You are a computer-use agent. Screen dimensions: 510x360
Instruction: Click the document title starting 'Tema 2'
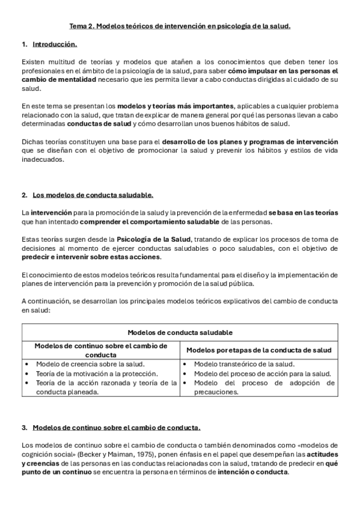pyautogui.click(x=180, y=26)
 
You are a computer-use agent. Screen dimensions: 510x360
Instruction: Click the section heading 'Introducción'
pyautogui.click(x=55, y=45)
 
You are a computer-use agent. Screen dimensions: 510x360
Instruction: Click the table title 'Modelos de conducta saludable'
pyautogui.click(x=180, y=332)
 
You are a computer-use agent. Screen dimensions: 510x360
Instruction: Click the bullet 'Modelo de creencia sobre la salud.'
pyautogui.click(x=90, y=364)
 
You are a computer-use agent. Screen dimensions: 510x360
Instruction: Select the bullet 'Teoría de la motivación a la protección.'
pyautogui.click(x=97, y=373)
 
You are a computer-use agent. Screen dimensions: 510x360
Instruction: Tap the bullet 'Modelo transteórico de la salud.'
pyautogui.click(x=244, y=364)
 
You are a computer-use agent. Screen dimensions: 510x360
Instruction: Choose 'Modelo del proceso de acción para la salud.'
pyautogui.click(x=263, y=373)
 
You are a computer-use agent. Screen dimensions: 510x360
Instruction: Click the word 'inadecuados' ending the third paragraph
pyautogui.click(x=41, y=159)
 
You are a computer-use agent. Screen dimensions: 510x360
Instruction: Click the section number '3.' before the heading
pyautogui.click(x=25, y=428)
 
